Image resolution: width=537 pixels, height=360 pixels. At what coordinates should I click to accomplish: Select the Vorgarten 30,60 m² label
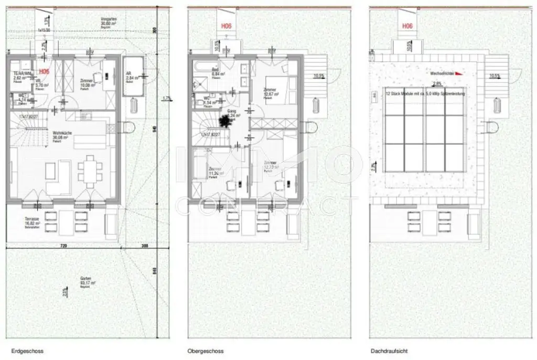click(x=109, y=20)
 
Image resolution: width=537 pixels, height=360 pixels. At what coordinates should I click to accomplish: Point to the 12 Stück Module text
click(x=425, y=93)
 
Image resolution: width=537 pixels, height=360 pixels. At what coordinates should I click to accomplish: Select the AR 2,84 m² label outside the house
click(x=131, y=77)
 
